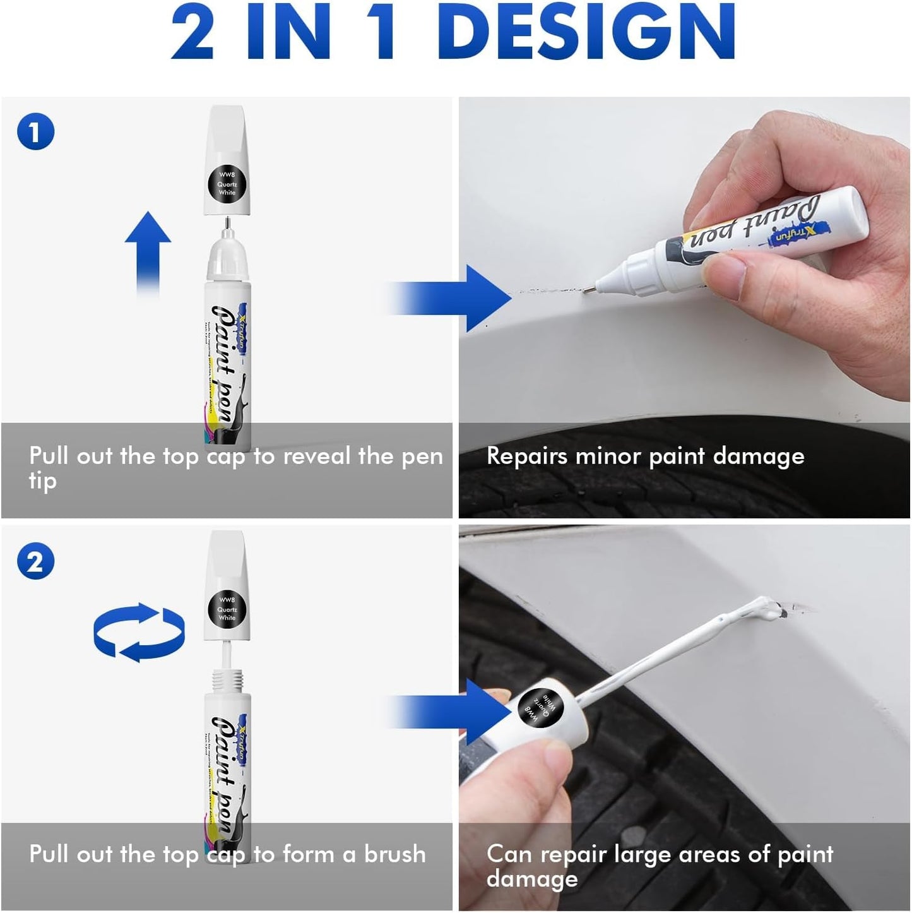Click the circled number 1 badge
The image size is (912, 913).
tap(35, 132)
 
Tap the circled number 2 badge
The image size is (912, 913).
tap(35, 561)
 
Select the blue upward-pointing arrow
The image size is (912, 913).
tap(148, 253)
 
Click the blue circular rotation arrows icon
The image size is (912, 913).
tap(139, 633)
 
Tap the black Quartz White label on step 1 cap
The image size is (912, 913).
tap(227, 184)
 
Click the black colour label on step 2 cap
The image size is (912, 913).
tap(227, 609)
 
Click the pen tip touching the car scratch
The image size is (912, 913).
tap(588, 290)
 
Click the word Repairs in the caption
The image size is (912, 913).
tap(526, 456)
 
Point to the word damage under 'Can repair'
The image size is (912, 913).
tap(532, 879)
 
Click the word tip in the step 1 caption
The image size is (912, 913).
tap(42, 481)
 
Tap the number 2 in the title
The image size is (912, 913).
tap(192, 32)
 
